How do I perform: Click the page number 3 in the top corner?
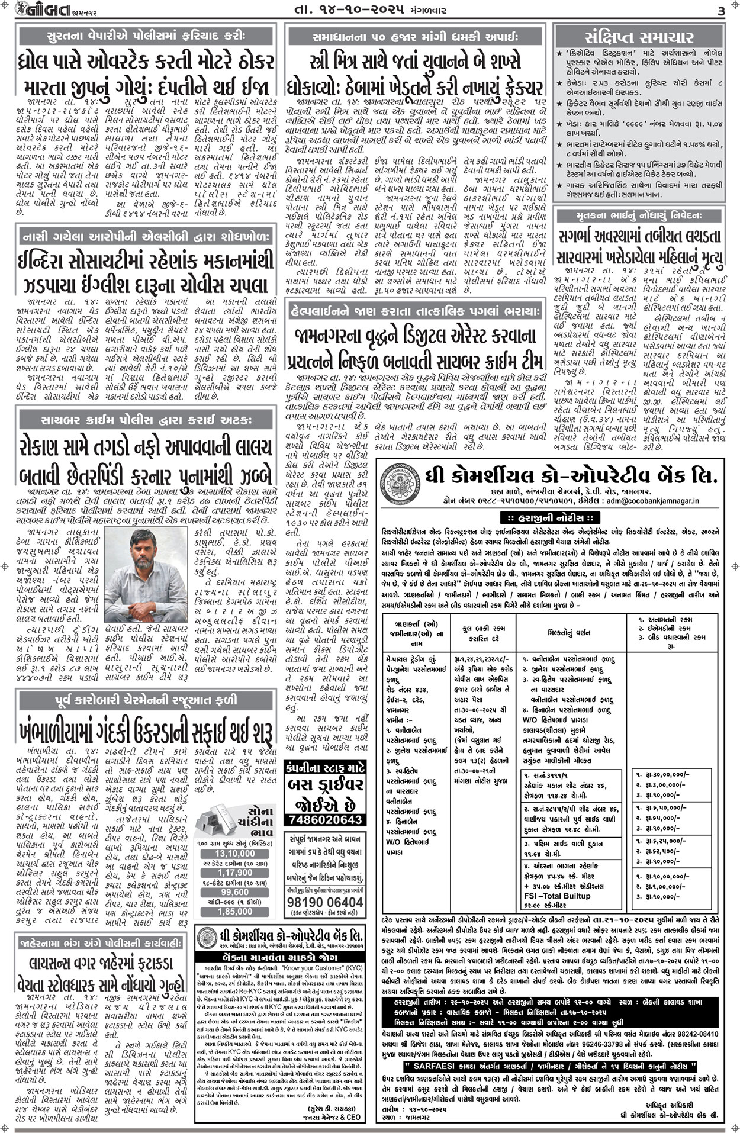720,11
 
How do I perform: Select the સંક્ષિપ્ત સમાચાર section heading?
638,37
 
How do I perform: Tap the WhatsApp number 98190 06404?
324,902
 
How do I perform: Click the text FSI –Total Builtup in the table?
553,896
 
